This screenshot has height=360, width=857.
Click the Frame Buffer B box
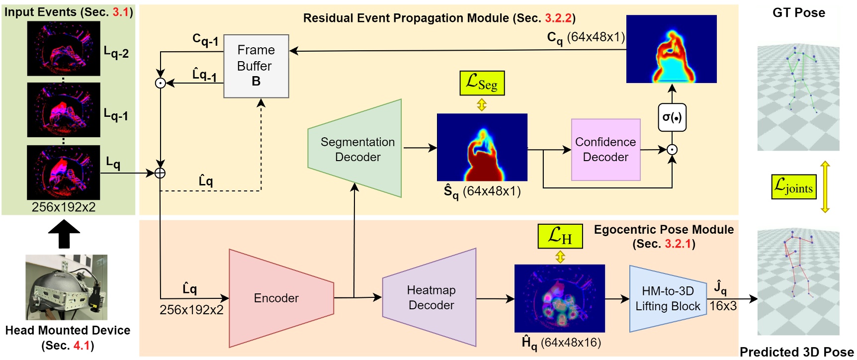click(256, 66)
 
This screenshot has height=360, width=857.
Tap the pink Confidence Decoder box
click(605, 149)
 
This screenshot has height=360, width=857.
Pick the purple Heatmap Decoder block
click(430, 297)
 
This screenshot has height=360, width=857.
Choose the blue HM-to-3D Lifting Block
click(667, 298)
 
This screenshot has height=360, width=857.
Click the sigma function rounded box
click(672, 117)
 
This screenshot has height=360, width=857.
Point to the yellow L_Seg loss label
click(482, 83)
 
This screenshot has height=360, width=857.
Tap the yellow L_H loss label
click(560, 236)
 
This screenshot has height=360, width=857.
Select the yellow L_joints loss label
click(793, 186)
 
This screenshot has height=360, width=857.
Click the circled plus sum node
click(160, 173)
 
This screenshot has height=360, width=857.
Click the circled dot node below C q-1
click(160, 83)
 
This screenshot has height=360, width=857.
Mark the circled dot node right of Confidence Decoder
click(672, 149)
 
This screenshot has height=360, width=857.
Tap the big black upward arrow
click(64, 234)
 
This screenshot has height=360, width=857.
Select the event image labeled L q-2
click(64, 49)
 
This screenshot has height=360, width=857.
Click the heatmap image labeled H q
click(559, 298)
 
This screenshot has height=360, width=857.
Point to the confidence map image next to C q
click(671, 49)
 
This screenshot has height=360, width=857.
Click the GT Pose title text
click(798, 13)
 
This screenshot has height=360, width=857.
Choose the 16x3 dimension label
click(723, 306)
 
